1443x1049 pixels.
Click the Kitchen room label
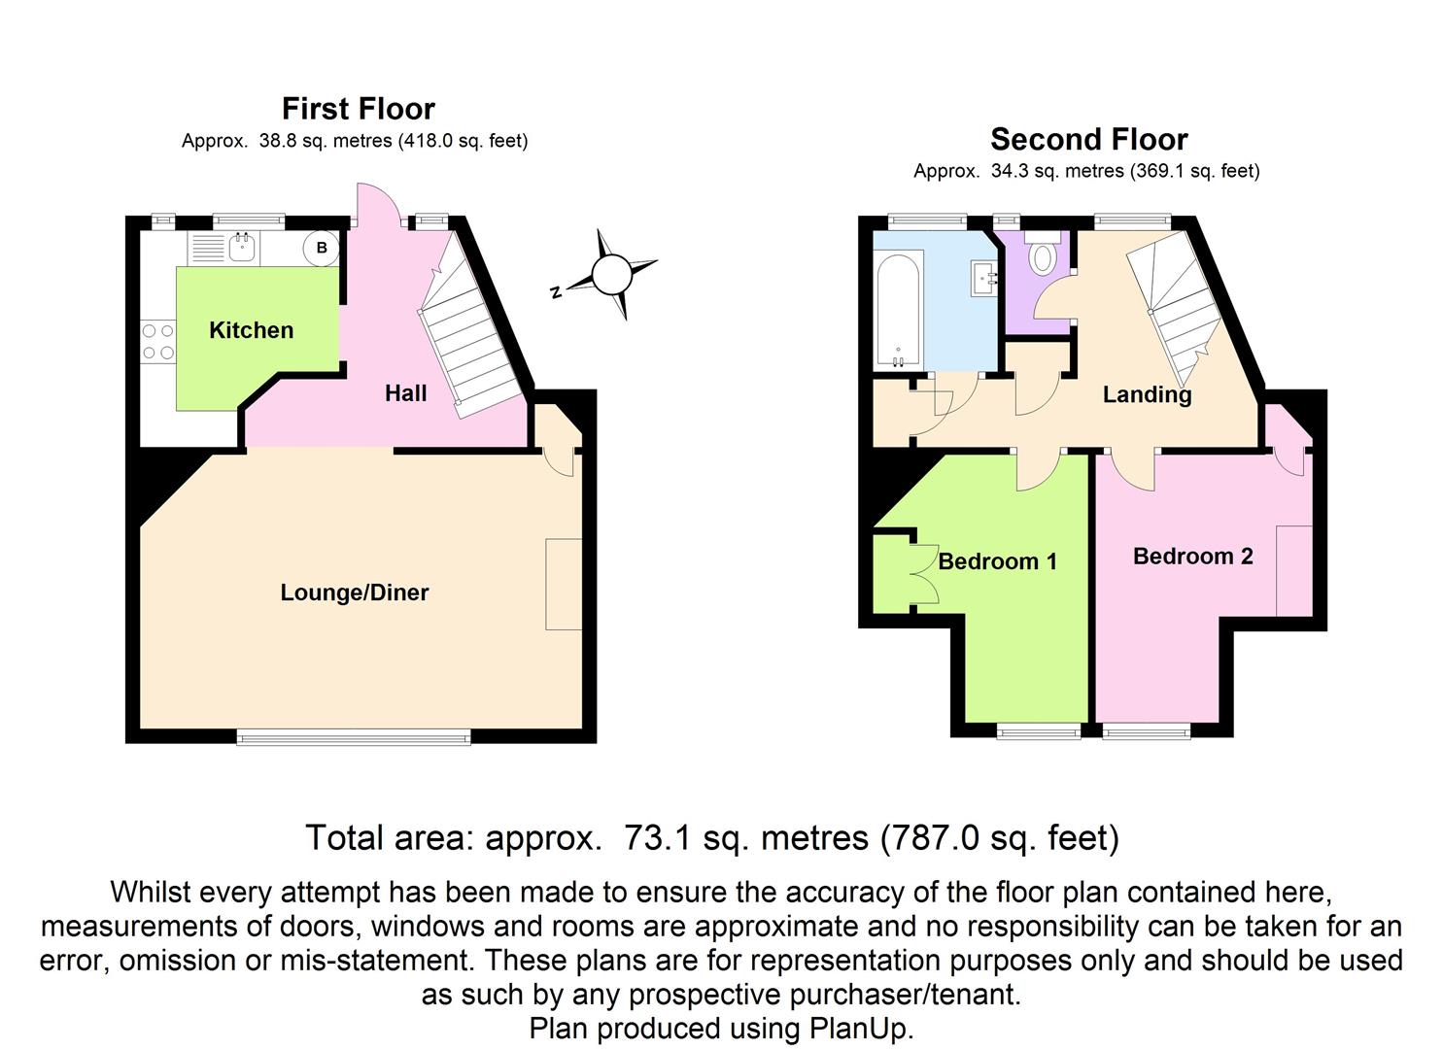pos(251,330)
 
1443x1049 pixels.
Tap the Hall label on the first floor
pos(405,393)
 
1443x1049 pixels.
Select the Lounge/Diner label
pos(354,592)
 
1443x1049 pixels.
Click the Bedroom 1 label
pos(997,561)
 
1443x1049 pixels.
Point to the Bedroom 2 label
pos(1192,557)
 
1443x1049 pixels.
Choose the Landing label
pos(1147,394)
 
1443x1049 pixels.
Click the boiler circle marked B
pos(321,248)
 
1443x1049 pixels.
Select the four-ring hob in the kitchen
pos(157,341)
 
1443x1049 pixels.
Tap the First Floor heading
pos(358,108)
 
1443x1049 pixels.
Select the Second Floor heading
pos(1088,139)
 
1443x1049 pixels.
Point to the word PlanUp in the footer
pos(861,1028)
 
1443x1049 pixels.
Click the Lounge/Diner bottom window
pos(354,738)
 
